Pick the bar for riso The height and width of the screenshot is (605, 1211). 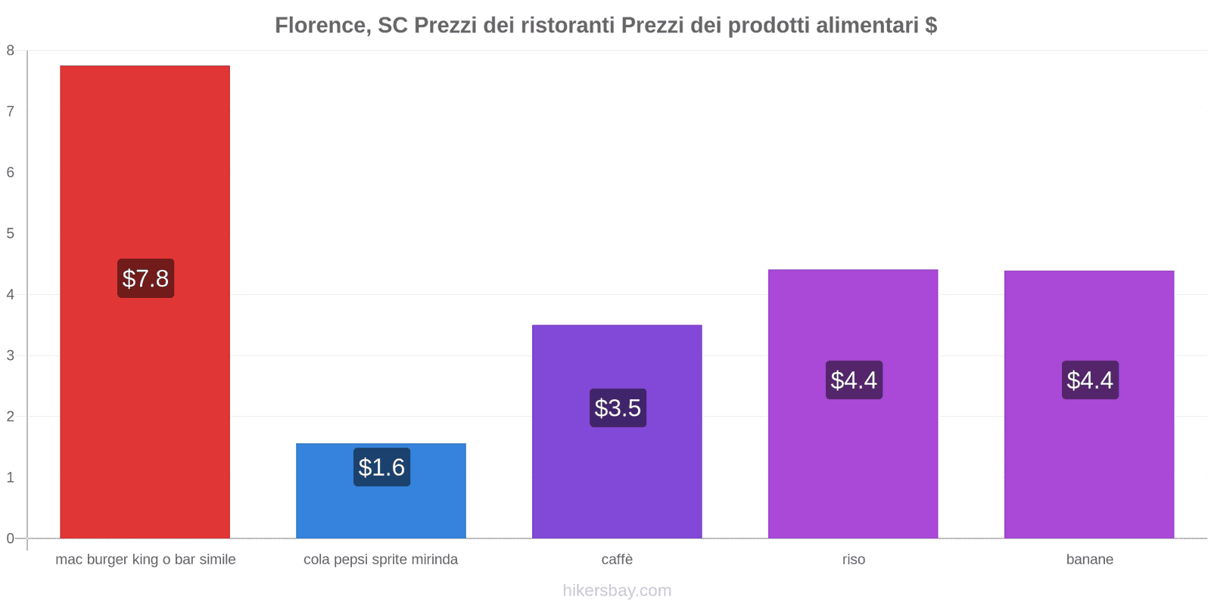click(x=853, y=454)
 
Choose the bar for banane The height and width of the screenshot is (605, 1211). click(x=1089, y=454)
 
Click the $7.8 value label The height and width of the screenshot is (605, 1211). click(x=145, y=278)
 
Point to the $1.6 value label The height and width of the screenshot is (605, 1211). click(x=381, y=467)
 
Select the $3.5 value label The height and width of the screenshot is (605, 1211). click(x=618, y=408)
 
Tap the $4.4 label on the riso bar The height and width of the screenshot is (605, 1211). click(x=854, y=380)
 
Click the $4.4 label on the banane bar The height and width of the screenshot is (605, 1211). click(x=1090, y=380)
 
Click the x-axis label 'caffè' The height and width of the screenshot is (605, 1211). click(x=617, y=560)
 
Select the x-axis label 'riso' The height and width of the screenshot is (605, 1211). click(x=853, y=560)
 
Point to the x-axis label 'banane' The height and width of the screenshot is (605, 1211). click(x=1089, y=560)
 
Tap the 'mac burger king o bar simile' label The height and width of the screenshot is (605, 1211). click(x=145, y=560)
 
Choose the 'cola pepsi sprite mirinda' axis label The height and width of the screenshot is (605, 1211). click(x=381, y=560)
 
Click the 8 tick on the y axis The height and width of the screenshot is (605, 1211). click(x=11, y=51)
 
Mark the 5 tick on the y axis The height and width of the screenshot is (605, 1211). click(x=11, y=234)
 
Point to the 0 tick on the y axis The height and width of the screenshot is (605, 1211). click(x=11, y=538)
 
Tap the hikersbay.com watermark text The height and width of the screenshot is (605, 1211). click(x=617, y=591)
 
